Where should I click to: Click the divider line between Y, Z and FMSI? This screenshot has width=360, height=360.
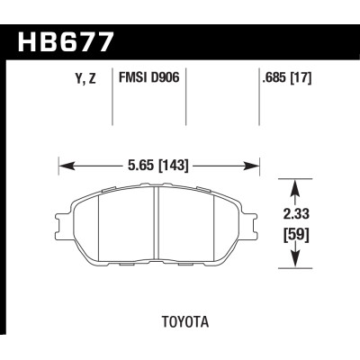click(112, 103)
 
